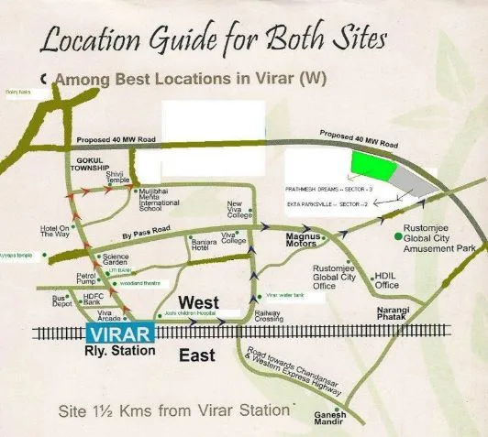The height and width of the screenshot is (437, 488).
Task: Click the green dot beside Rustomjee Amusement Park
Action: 396,236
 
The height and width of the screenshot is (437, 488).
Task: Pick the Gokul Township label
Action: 90,166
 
